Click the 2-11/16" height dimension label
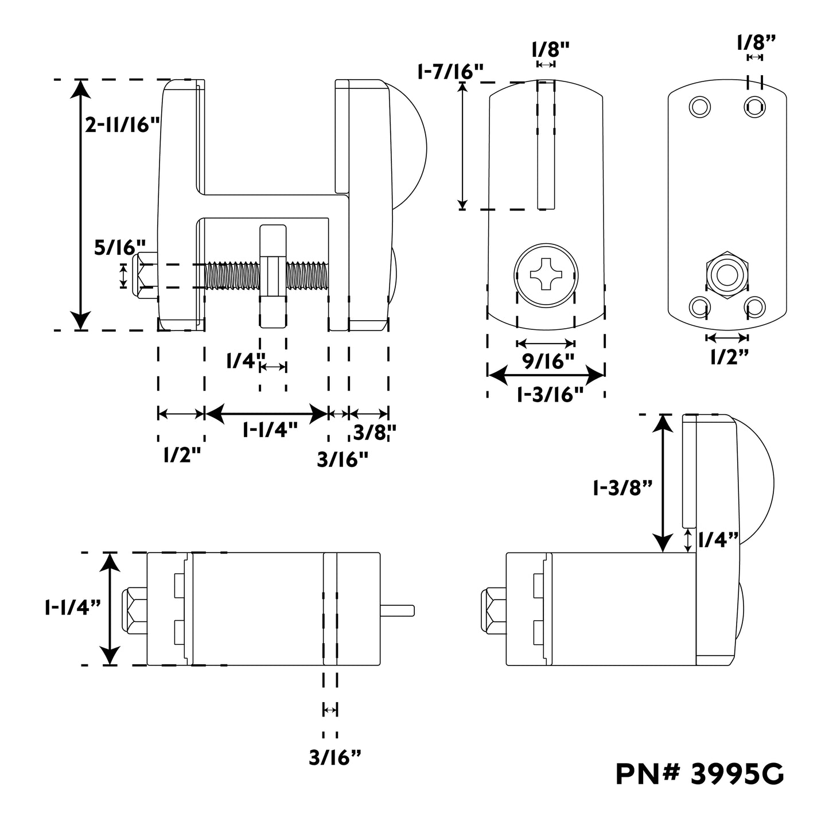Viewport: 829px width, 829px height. (122, 125)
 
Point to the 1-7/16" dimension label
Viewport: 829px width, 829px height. (450, 72)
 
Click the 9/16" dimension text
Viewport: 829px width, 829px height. (548, 361)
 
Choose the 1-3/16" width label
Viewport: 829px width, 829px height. (550, 394)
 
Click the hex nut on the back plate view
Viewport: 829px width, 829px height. (726, 275)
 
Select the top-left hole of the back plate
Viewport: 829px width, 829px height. (699, 106)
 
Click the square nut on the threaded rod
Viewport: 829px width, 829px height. (273, 276)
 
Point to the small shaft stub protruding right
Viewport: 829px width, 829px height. (397, 609)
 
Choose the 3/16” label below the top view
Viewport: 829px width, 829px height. (335, 758)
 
